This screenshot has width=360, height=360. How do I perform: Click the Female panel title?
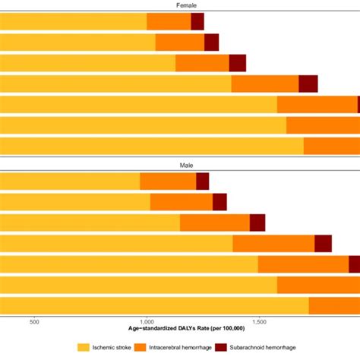tap(179, 5)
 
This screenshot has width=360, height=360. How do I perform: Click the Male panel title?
tap(179, 165)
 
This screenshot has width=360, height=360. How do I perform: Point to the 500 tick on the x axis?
tap(33, 321)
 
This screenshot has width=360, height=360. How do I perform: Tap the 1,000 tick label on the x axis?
tap(147, 321)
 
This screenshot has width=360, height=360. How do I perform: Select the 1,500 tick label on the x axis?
tap(260, 321)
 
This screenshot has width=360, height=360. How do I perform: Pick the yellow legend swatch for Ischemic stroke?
tap(84, 348)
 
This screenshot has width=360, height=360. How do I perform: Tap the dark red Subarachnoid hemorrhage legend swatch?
tap(222, 348)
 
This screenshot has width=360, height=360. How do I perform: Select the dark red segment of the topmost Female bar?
tap(197, 22)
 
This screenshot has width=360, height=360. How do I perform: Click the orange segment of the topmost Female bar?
tap(169, 22)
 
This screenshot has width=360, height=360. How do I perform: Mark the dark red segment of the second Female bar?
tap(211, 43)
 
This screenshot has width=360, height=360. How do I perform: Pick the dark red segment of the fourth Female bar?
tap(308, 84)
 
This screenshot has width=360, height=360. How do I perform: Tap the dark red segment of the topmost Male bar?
tap(202, 181)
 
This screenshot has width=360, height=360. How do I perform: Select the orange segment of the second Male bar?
tap(181, 201)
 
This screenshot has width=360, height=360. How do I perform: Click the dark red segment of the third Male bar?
tap(257, 223)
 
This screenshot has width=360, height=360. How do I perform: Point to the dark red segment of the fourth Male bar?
tap(323, 243)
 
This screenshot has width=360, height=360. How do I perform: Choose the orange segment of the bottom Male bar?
tap(334, 305)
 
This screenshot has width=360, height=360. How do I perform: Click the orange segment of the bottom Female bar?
tap(331, 145)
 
